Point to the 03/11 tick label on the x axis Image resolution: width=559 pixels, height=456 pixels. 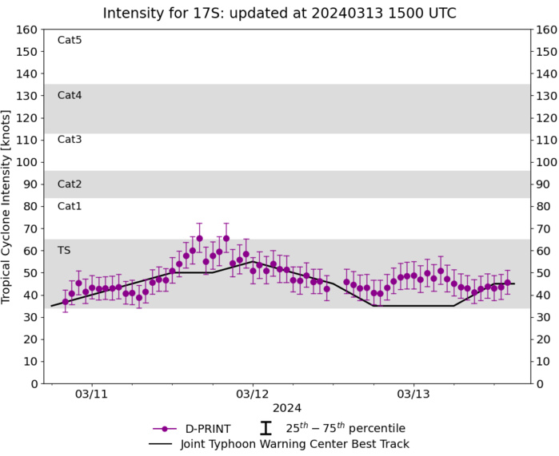point(92,395)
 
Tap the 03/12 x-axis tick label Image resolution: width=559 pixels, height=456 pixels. point(253,395)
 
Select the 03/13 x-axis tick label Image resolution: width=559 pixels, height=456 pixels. point(413,395)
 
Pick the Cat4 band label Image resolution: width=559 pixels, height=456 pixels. point(70,95)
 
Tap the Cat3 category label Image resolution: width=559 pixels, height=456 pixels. point(70,140)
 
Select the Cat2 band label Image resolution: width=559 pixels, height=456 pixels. point(70,184)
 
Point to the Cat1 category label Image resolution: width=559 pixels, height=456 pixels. point(70,206)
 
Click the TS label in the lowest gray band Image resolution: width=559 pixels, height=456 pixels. point(64,250)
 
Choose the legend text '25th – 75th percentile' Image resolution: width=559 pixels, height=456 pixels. point(345,428)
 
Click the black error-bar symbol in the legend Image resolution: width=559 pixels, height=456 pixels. point(266,429)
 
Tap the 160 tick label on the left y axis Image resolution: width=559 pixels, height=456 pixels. point(29,30)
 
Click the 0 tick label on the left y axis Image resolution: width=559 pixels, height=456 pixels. point(35,383)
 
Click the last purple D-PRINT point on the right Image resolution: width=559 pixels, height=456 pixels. point(508,282)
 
